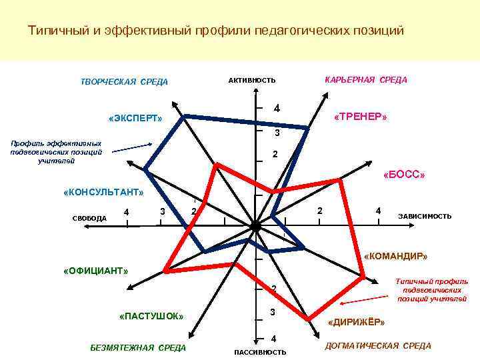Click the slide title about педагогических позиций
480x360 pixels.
(215, 31)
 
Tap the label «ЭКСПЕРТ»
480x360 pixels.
(135, 119)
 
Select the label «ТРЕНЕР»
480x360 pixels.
(360, 117)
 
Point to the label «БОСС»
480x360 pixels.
(405, 175)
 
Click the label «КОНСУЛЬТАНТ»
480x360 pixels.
(103, 192)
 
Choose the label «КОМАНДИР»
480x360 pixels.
(396, 256)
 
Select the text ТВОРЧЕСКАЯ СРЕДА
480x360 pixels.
(124, 82)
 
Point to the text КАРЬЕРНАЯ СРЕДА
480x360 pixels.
(365, 79)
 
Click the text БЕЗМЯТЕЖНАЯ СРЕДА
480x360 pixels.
(138, 347)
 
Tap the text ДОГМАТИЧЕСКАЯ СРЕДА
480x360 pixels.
(377, 345)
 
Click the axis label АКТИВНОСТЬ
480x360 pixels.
(251, 81)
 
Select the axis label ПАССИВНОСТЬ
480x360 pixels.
(260, 352)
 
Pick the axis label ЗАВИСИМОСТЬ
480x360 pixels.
(425, 216)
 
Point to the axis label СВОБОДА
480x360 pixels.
(89, 218)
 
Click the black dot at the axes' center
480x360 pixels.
(256, 227)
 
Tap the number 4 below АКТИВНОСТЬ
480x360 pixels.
(277, 109)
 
